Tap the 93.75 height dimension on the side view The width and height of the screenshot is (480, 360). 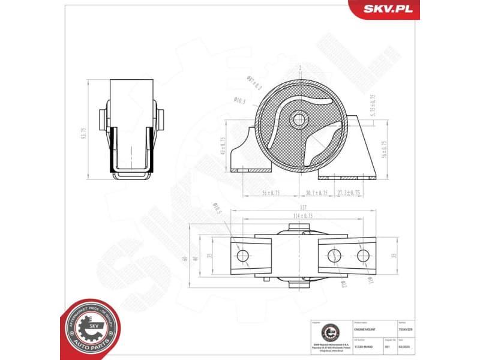click(x=85, y=133)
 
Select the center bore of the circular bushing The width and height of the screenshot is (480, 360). click(x=298, y=119)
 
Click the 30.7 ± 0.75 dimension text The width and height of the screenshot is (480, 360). click(x=316, y=193)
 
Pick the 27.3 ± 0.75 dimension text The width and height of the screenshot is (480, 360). click(x=348, y=193)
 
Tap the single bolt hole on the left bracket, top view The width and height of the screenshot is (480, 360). click(x=242, y=256)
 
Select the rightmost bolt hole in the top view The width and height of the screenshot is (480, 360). click(x=363, y=256)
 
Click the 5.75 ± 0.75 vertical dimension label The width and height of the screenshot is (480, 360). click(x=373, y=105)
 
